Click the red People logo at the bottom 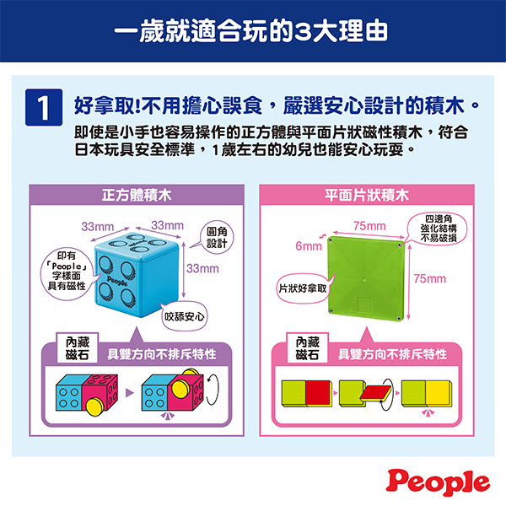click(438, 482)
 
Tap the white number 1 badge click(44, 107)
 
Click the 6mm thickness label click(309, 246)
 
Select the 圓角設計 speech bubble click(217, 237)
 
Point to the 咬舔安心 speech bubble click(184, 316)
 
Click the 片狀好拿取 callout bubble click(304, 288)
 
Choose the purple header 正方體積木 click(137, 196)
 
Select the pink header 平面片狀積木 click(367, 196)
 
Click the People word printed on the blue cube click(117, 281)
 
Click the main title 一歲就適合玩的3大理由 click(251, 31)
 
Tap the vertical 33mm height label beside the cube click(202, 268)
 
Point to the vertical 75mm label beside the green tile click(430, 278)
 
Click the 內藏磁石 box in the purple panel click(78, 348)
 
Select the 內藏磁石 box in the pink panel click(308, 348)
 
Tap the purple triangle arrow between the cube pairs click(129, 393)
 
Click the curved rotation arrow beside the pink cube click(213, 390)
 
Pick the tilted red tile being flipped click(375, 392)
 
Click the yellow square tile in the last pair click(439, 393)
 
